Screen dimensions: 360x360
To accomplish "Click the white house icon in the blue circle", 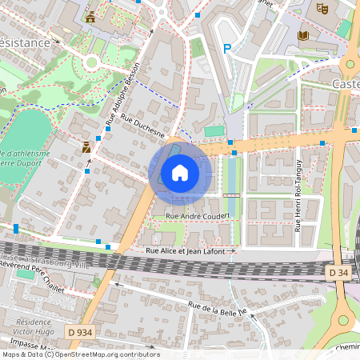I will [x=180, y=172].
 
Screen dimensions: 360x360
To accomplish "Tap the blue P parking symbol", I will [x=227, y=49].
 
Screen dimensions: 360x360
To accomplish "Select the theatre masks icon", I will [x=322, y=8].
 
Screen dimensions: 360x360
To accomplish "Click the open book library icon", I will [x=303, y=35].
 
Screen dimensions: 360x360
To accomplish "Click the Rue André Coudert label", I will [x=198, y=216].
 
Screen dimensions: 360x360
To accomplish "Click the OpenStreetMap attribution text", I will [x=80, y=354].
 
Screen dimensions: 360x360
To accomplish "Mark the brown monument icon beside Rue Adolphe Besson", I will [x=86, y=147].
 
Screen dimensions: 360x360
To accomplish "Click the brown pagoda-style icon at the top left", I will [x=90, y=17].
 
